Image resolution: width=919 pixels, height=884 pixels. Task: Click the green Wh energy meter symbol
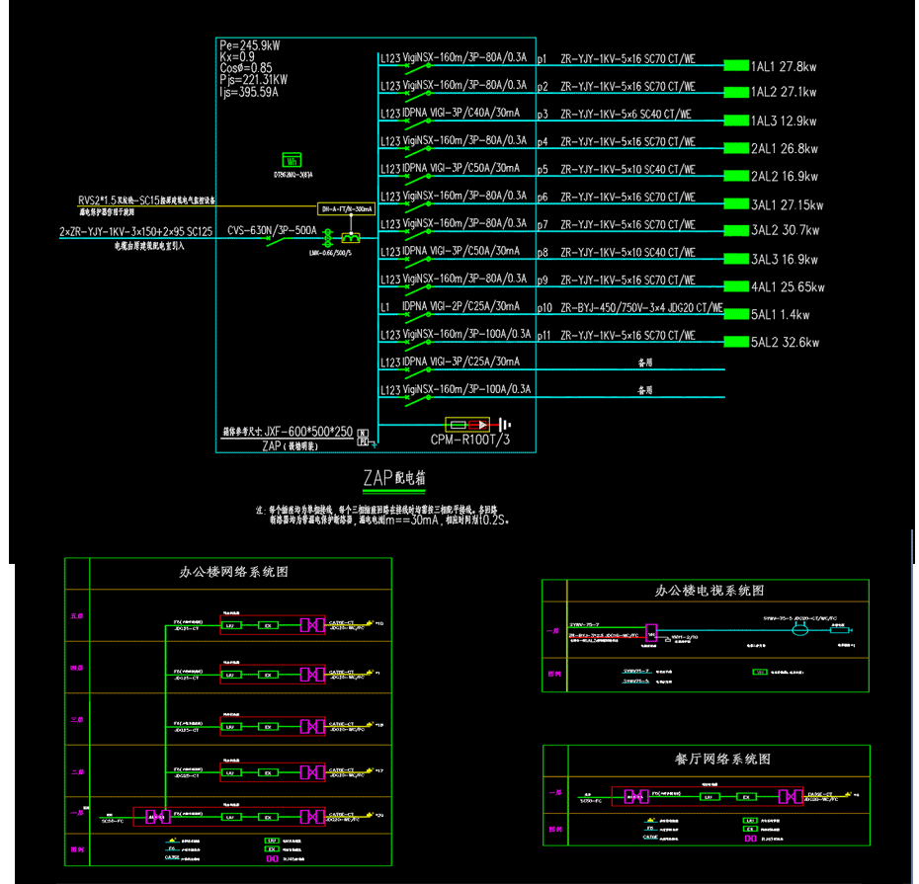292,159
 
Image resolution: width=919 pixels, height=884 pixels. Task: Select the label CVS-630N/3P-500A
272,231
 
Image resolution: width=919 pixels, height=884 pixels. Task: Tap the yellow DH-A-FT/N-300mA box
346,209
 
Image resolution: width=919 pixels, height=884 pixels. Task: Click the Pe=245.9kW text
249,45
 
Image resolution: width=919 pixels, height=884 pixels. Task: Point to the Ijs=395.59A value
249,93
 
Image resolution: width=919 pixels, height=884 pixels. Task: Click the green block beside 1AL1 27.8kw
736,66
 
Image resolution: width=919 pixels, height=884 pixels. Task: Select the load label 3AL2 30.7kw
786,231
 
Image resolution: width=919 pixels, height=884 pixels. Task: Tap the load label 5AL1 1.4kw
780,315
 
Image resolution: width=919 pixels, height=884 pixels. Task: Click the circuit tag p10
543,308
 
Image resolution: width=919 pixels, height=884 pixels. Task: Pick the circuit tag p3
542,115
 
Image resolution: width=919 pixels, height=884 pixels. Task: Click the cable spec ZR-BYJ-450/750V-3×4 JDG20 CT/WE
641,308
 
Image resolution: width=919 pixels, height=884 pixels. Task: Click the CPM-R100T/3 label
470,440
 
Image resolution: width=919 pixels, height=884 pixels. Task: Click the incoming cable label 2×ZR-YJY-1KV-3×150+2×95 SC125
135,231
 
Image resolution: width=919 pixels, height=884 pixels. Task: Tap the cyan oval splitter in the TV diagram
802,630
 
